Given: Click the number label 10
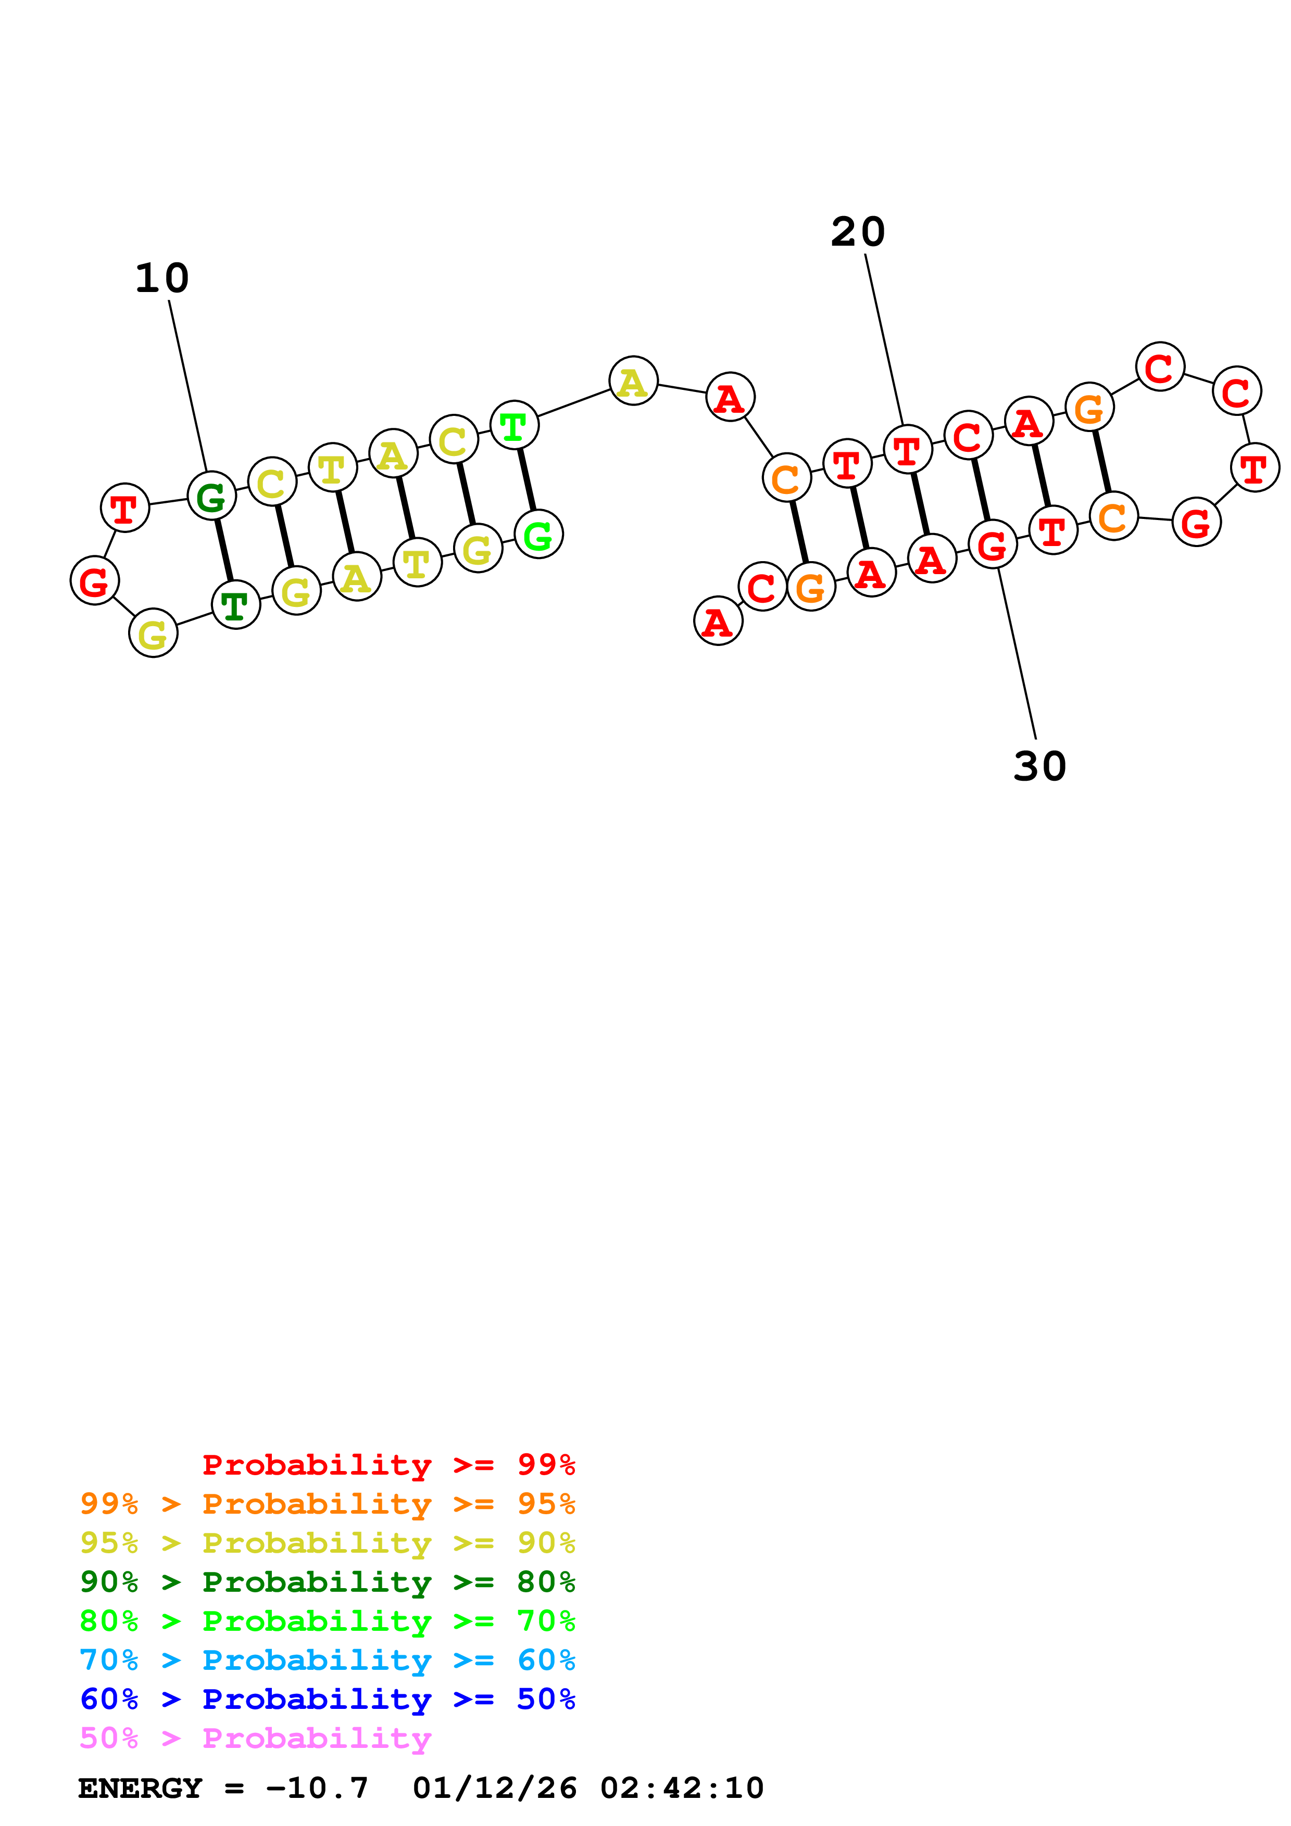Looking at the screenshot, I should (x=162, y=279).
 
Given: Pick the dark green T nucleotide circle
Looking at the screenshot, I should (x=235, y=605).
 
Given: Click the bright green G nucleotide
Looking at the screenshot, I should (x=538, y=535).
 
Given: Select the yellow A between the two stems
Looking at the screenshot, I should (x=633, y=381).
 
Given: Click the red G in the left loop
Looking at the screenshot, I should (x=95, y=581).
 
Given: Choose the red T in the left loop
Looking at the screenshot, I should (x=125, y=508).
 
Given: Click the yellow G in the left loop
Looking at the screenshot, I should (x=153, y=634).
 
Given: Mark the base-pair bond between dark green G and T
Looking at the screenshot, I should (x=223, y=550).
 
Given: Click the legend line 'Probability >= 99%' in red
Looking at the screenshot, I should (x=388, y=1465).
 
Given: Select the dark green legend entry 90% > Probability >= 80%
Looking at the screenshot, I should (x=327, y=1582).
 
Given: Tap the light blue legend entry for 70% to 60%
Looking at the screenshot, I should (x=327, y=1660).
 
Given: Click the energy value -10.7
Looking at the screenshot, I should (x=317, y=1789).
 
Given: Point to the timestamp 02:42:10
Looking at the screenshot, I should (x=682, y=1789).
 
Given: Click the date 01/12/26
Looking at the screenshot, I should (x=495, y=1789).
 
